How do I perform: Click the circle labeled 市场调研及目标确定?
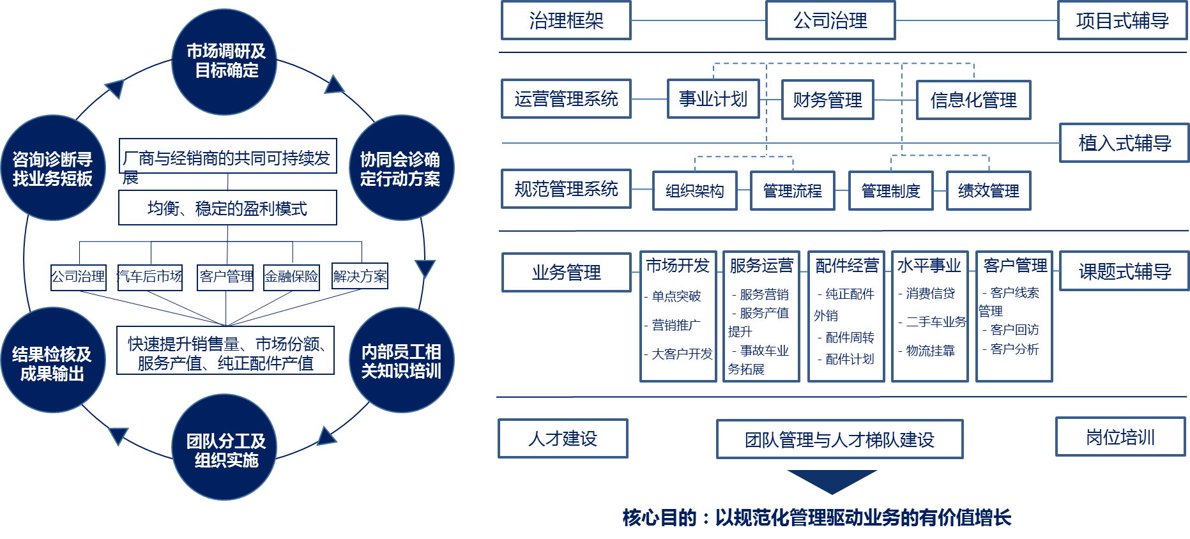(224, 62)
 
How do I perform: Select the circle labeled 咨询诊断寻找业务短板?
(52, 168)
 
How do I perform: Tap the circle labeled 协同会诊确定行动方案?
(400, 168)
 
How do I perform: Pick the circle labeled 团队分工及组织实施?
(224, 448)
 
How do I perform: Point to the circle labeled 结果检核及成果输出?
(52, 361)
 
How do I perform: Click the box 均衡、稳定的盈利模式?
(227, 208)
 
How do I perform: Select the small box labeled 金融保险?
(291, 277)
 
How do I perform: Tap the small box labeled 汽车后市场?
(149, 277)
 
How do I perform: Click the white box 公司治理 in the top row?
(830, 21)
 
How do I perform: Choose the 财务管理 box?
(827, 100)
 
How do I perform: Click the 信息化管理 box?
(973, 100)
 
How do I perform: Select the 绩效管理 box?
(988, 191)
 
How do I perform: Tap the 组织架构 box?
(694, 191)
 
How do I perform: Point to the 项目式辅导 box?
(1122, 21)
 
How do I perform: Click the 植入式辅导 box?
(1124, 143)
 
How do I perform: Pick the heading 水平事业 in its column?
(929, 266)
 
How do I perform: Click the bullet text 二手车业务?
(936, 322)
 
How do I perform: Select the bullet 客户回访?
(1014, 330)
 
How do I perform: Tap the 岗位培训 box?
(1120, 437)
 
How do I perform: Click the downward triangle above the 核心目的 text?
(832, 480)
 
